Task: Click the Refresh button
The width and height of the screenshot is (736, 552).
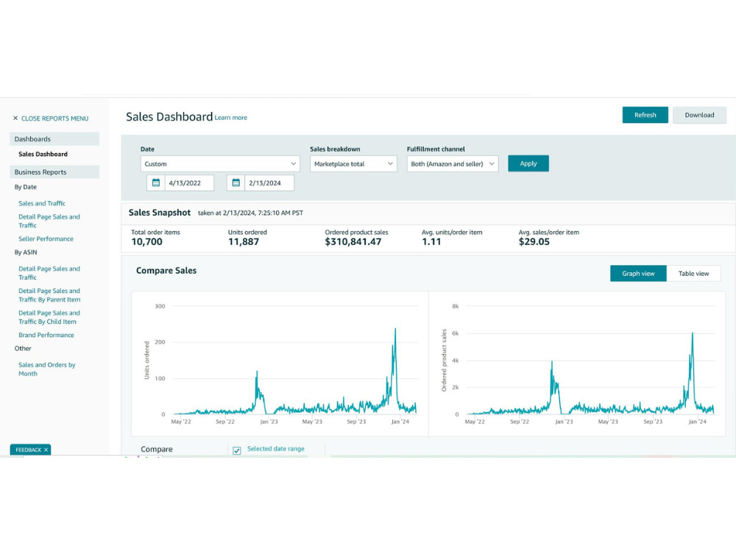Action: (x=645, y=115)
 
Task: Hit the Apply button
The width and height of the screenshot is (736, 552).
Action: (x=528, y=163)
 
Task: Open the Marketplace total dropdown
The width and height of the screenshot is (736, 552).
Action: (x=353, y=164)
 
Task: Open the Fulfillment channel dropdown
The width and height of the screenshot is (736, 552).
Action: (x=453, y=164)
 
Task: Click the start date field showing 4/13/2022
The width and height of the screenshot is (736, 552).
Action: (x=189, y=183)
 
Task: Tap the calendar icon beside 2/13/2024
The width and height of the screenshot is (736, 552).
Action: (x=236, y=183)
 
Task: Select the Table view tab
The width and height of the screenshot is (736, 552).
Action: (x=693, y=274)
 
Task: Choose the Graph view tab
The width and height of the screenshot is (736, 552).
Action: (x=638, y=274)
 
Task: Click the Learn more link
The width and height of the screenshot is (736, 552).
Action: (x=231, y=118)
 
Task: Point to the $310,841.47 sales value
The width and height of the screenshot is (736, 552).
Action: (x=353, y=241)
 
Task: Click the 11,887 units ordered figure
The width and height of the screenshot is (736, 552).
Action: (x=243, y=241)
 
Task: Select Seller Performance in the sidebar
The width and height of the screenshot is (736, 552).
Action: (x=46, y=239)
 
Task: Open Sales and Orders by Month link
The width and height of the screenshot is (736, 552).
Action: (x=47, y=369)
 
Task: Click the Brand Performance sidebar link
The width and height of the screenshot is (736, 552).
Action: (x=46, y=335)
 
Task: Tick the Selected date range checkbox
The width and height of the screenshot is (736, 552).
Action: (x=237, y=450)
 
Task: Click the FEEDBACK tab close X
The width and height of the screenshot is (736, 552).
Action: (x=46, y=450)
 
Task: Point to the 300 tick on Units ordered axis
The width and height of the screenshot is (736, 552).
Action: (x=160, y=306)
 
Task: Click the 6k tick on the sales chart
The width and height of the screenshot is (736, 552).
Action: (x=456, y=333)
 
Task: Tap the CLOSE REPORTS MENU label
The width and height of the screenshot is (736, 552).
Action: (x=55, y=118)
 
